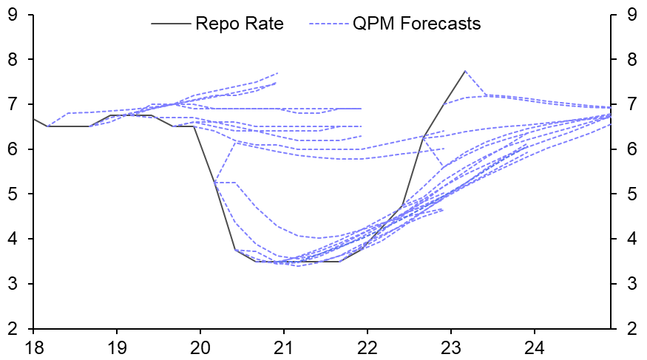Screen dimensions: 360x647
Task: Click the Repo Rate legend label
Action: (240, 24)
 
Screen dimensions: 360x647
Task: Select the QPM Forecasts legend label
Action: (417, 24)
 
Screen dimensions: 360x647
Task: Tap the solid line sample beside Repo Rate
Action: (171, 24)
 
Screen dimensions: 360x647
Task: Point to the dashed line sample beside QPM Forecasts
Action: (330, 24)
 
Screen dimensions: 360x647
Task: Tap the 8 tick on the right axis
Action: (629, 59)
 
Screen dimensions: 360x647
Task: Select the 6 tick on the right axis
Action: (629, 149)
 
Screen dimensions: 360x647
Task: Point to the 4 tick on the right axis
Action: (629, 239)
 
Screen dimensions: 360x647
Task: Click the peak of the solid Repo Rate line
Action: (464, 71)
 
